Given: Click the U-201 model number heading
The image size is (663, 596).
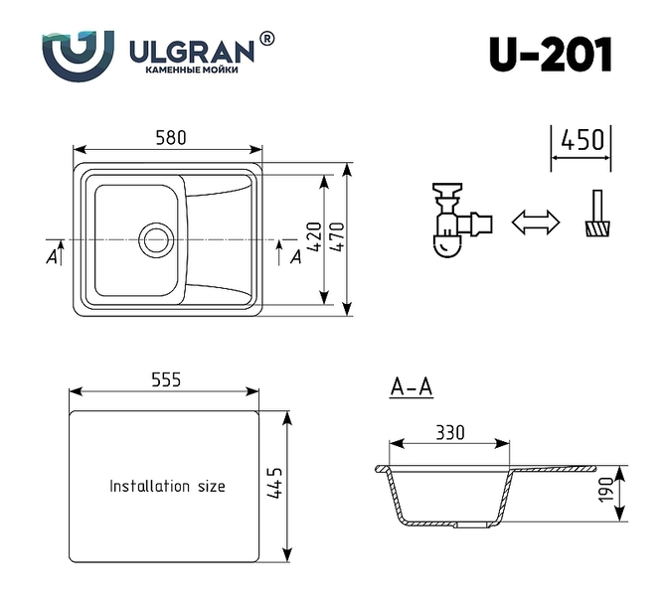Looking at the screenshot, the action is [550, 55].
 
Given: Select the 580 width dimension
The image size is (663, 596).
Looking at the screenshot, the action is [171, 138].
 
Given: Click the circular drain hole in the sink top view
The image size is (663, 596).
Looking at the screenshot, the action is [156, 240].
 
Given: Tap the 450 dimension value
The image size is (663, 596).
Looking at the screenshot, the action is [582, 140].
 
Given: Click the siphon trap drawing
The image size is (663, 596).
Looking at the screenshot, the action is [462, 220].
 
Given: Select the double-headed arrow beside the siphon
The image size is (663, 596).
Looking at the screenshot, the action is [536, 222].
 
